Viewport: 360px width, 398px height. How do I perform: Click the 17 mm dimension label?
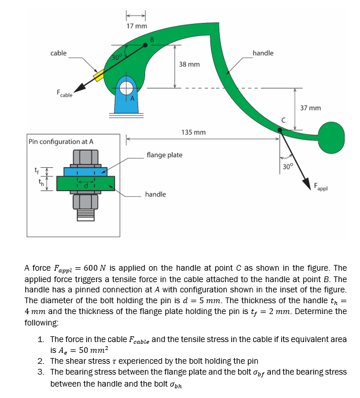pyautogui.click(x=137, y=26)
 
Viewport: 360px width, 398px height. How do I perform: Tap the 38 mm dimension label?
pyautogui.click(x=189, y=65)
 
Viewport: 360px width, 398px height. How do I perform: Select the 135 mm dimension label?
pyautogui.click(x=193, y=132)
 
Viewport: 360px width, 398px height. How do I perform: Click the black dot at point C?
pyautogui.click(x=279, y=130)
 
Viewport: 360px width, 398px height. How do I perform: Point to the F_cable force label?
pyautogui.click(x=64, y=94)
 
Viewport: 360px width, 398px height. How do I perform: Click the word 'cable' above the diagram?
pyautogui.click(x=58, y=53)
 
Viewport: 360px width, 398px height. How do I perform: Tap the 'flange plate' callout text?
pyautogui.click(x=165, y=155)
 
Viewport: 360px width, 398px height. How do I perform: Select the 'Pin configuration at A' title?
pyautogui.click(x=61, y=141)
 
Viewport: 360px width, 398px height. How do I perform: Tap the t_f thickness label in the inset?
pyautogui.click(x=38, y=169)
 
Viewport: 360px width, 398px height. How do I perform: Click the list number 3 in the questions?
pyautogui.click(x=41, y=372)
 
